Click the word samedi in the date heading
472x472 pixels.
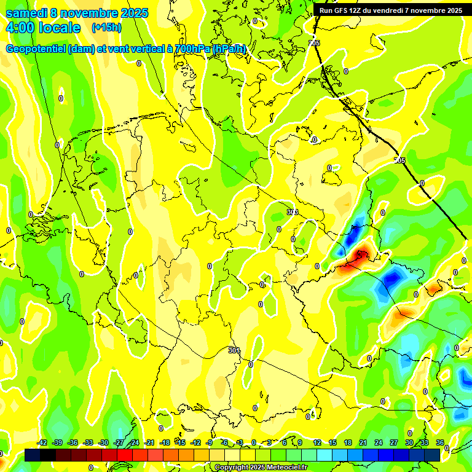point(26,13)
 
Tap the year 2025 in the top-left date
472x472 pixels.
point(130,13)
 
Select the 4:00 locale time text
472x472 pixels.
point(43,28)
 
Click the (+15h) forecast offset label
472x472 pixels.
point(106,28)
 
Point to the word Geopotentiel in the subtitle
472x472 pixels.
point(37,49)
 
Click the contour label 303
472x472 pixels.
point(292,212)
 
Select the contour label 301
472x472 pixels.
point(234,350)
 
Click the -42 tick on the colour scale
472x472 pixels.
point(42,442)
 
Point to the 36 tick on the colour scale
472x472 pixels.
point(439,442)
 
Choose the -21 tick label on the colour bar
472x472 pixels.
point(149,442)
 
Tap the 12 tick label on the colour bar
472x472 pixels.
point(317,442)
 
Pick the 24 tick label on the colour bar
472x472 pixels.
point(378,442)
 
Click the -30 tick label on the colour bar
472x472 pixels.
point(103,442)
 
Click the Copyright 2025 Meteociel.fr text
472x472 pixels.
point(261,468)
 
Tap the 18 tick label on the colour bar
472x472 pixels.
point(347,442)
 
